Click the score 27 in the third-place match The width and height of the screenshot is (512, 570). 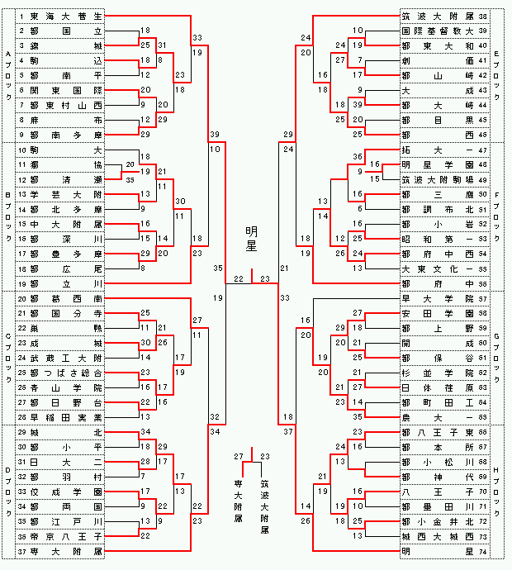coord(239,457)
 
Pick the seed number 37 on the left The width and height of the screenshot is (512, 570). coord(22,550)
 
